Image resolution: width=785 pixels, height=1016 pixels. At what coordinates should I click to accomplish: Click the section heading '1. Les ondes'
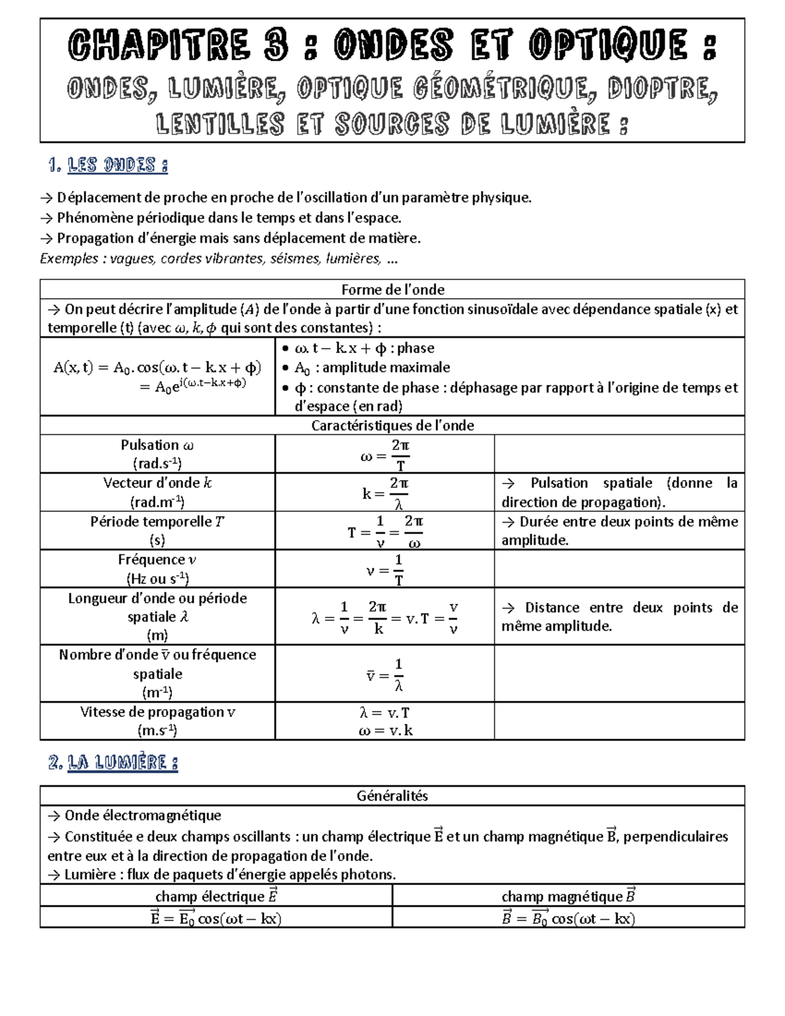coord(108,166)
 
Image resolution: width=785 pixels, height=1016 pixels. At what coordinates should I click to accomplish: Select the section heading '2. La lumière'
coord(113,763)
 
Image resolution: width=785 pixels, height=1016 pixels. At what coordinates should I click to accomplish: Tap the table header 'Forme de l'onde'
coord(392,289)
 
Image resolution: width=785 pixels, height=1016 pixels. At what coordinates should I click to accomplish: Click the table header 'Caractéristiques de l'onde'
coord(392,425)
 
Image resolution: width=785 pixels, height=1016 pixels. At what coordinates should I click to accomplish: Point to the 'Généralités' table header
coord(392,796)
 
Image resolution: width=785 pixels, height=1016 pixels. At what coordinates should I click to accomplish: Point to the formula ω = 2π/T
coord(385,455)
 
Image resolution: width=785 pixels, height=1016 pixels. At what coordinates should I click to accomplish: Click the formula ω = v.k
coord(385,731)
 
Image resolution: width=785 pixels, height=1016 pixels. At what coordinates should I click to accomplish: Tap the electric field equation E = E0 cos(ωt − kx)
coord(216,918)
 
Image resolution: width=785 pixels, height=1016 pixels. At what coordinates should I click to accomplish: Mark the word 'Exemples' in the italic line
coord(68,259)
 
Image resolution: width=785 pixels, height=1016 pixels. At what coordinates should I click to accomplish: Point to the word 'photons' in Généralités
coord(371,875)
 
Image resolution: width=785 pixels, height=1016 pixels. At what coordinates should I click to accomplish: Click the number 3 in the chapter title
coord(273,47)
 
